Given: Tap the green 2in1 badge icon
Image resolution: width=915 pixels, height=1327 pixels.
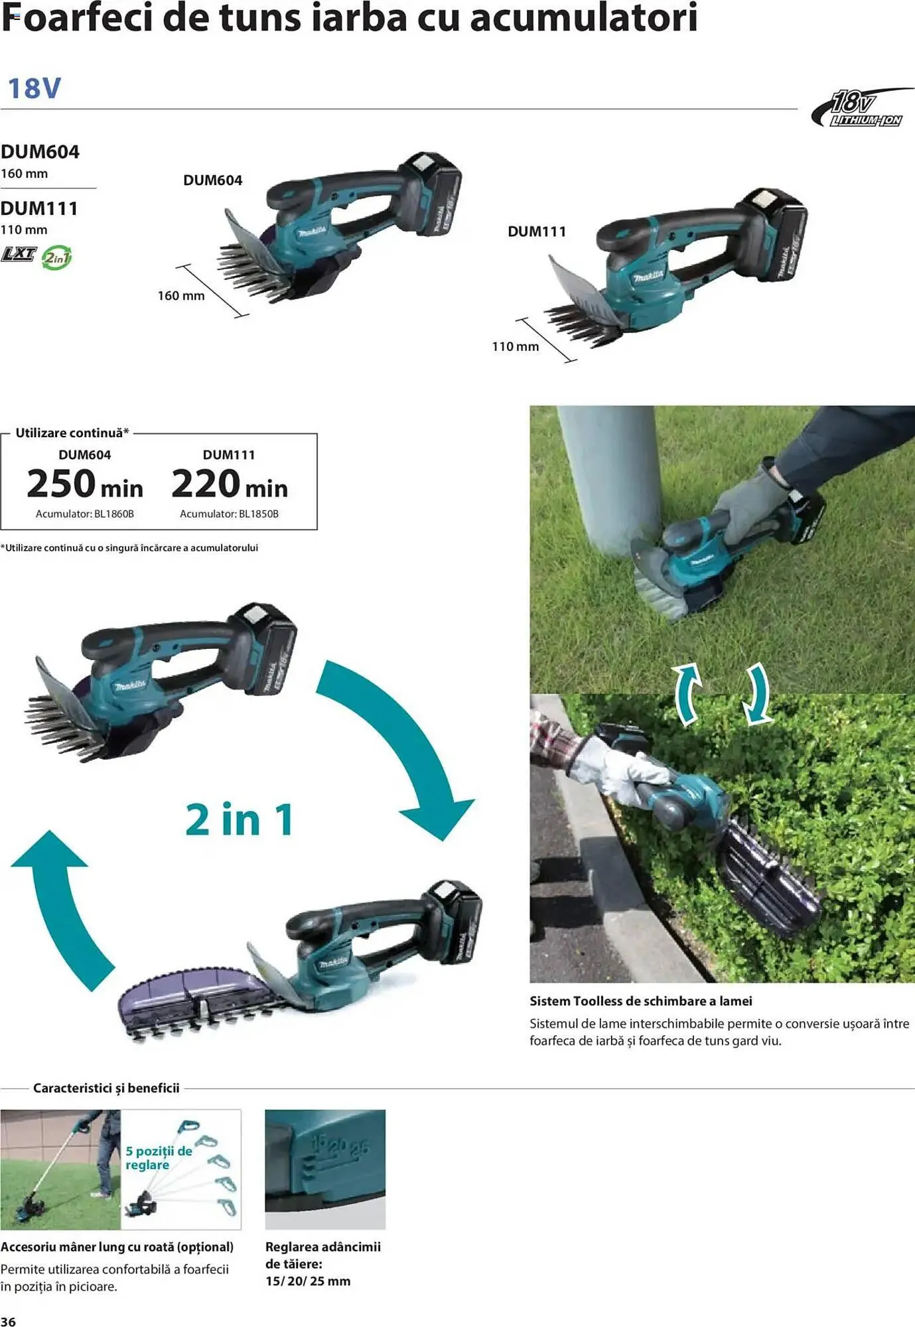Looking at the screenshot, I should point(56,257).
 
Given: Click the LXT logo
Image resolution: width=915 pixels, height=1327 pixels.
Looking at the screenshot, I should point(19,253).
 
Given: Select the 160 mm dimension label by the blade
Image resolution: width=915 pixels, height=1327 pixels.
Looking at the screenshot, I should point(180,296).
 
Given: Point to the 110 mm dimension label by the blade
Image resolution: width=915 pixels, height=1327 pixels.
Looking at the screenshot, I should point(515,346).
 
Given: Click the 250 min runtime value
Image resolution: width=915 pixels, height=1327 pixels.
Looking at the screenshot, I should point(85,484).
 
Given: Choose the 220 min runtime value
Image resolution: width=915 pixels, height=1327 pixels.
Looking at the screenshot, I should point(230,484).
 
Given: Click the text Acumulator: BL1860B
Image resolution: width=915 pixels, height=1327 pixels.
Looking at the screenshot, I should point(85,514).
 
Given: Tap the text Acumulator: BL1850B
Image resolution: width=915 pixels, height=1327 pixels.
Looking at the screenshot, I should point(229,514).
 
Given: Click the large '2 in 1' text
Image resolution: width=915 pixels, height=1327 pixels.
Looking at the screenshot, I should point(240,820).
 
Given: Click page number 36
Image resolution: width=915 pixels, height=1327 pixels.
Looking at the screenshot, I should point(9,1320).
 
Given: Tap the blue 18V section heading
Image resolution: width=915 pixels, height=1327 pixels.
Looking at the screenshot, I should point(34,88).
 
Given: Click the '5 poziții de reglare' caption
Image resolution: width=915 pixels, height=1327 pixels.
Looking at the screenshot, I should point(159,1158).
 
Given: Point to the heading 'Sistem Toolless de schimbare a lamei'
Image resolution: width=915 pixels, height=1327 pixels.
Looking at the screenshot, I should point(640,1001).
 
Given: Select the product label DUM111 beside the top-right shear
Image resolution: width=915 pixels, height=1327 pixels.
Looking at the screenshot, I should point(537,232).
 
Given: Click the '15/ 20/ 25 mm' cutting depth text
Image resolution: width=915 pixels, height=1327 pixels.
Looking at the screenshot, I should point(308,1281).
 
